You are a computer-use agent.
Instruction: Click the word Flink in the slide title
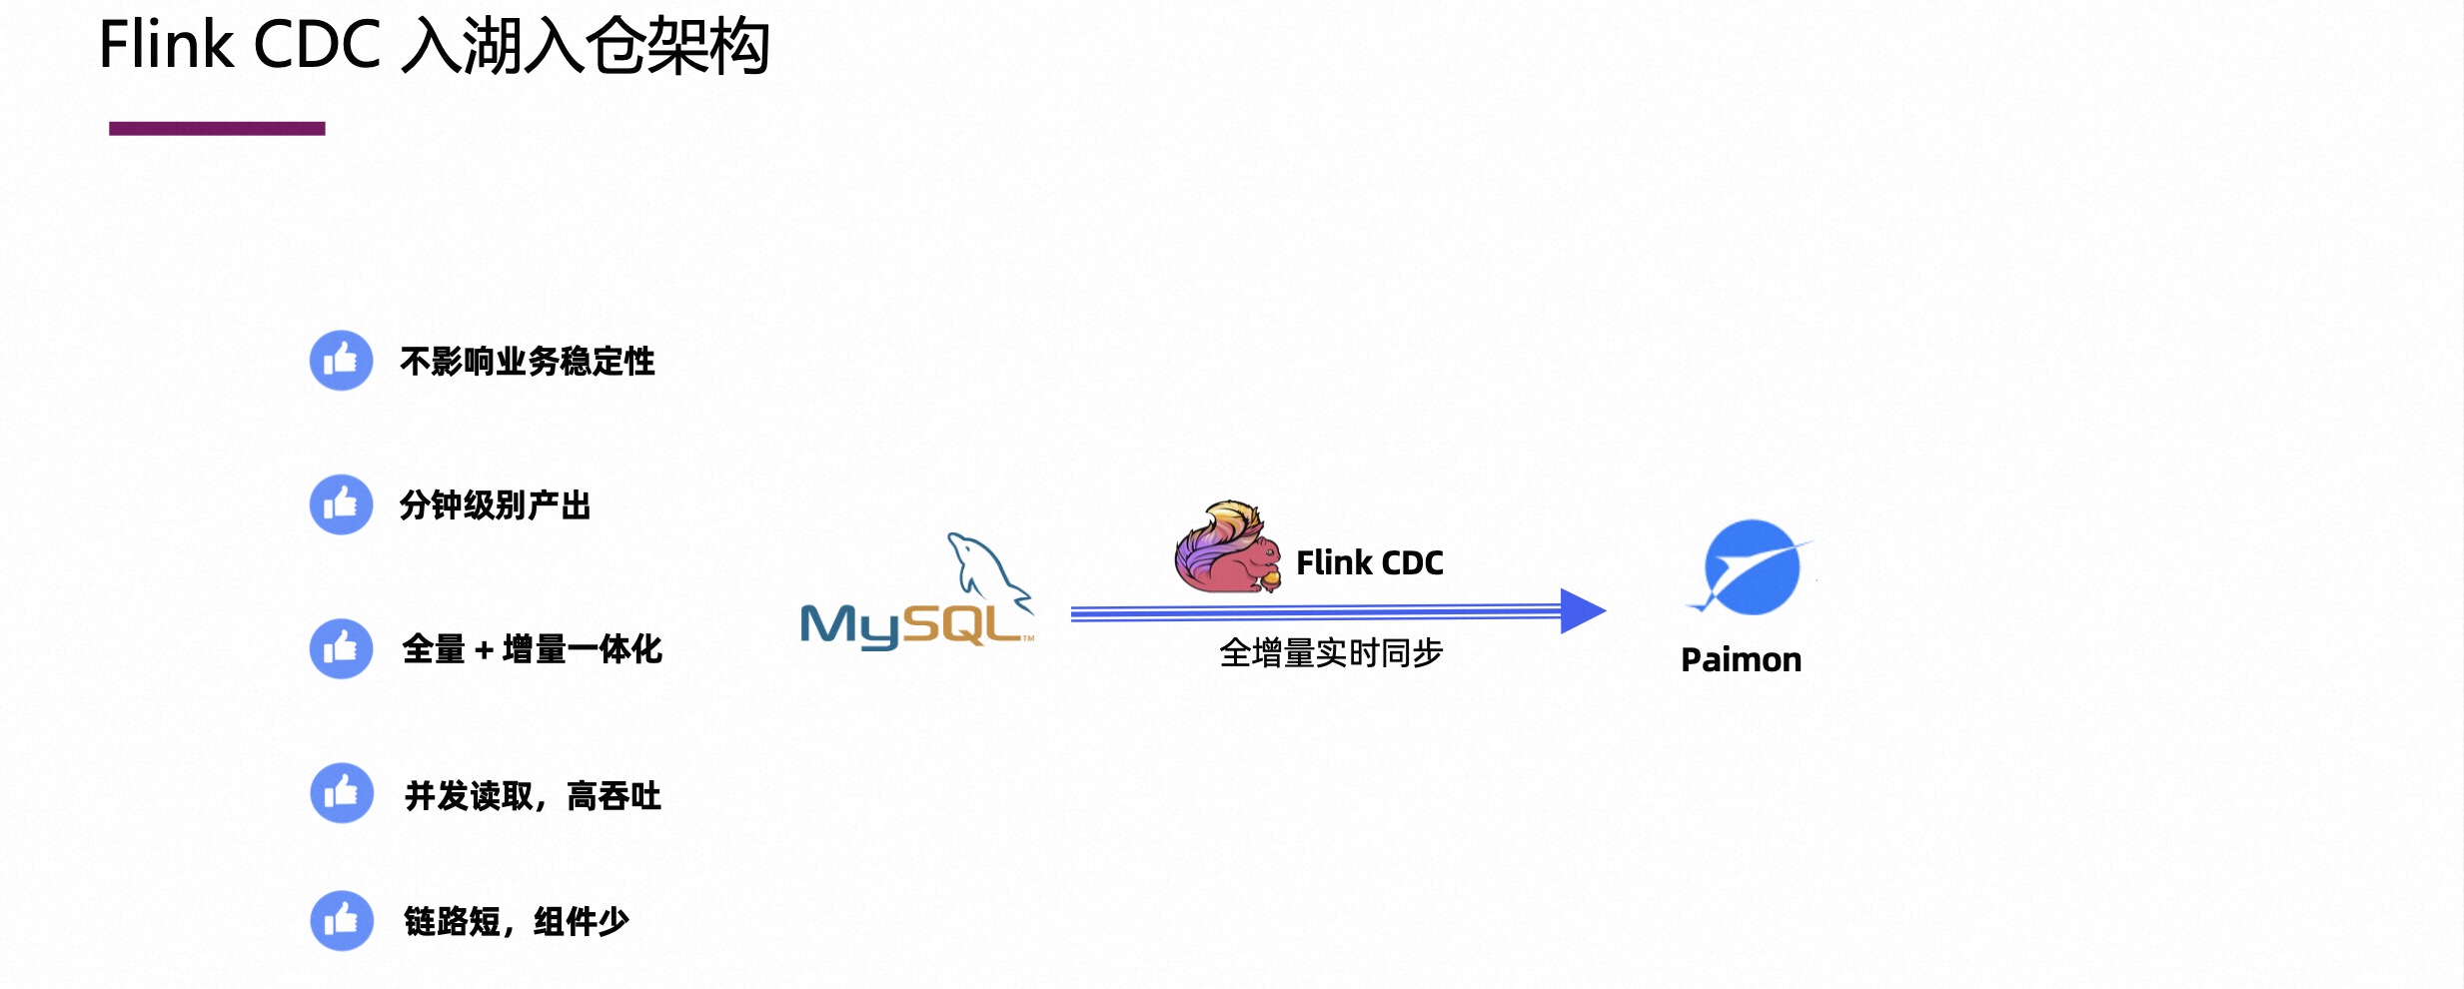[166, 46]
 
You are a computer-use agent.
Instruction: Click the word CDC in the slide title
[317, 46]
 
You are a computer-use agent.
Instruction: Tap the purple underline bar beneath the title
[217, 129]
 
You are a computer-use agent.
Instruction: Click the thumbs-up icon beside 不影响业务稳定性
[341, 361]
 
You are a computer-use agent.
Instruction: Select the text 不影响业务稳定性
[527, 362]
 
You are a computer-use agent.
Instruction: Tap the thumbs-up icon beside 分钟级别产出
[341, 504]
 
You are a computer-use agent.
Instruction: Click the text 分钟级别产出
[495, 505]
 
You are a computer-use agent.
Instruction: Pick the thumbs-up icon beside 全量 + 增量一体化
[341, 648]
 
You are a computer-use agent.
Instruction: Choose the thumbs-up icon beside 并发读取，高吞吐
[341, 793]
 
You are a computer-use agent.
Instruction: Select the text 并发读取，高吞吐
[533, 796]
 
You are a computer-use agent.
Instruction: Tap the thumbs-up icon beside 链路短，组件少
[341, 920]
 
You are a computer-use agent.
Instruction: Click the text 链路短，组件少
[516, 921]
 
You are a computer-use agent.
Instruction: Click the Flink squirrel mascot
[1226, 549]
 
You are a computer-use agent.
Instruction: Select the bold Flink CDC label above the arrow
[1369, 563]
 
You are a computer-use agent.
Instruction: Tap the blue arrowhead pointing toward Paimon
[1582, 611]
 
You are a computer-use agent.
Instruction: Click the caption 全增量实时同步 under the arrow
[1331, 653]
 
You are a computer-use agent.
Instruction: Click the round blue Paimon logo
[1752, 566]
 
